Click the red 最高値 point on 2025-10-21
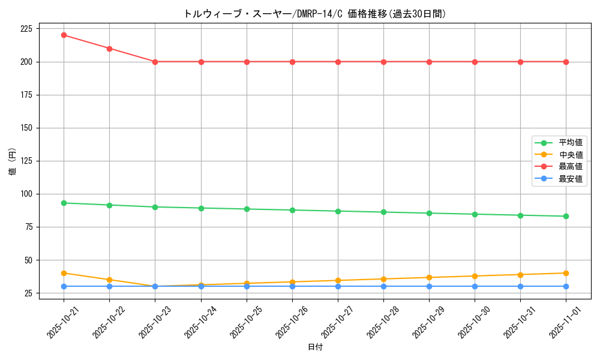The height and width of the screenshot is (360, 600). tap(64, 35)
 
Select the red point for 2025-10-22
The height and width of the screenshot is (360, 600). tap(109, 49)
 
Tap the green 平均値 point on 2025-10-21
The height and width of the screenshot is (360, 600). tap(64, 203)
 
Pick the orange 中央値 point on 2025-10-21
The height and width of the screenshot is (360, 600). tap(64, 273)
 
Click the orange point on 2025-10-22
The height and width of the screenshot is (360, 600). tap(109, 280)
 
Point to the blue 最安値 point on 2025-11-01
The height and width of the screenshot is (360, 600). tap(566, 286)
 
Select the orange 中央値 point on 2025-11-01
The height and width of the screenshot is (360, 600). tap(566, 273)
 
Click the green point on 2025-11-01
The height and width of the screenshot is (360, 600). tap(566, 216)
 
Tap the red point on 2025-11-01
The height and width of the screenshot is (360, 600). tap(566, 62)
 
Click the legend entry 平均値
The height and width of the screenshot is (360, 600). tap(570, 143)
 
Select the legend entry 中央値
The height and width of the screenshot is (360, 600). tap(570, 155)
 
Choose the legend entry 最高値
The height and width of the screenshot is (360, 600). tap(570, 167)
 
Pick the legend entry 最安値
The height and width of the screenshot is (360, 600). tap(570, 179)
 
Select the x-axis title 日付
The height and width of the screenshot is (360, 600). tap(314, 347)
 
